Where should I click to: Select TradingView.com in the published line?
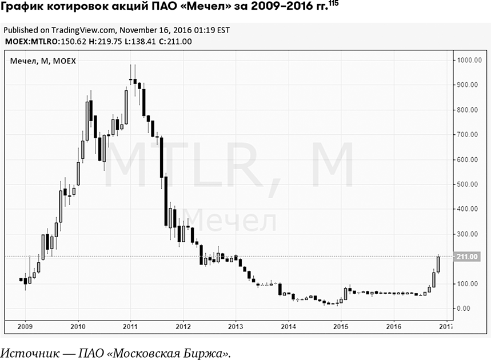[82, 30]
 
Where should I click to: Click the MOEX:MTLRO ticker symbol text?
[26, 41]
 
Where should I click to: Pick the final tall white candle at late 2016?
[438, 264]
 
